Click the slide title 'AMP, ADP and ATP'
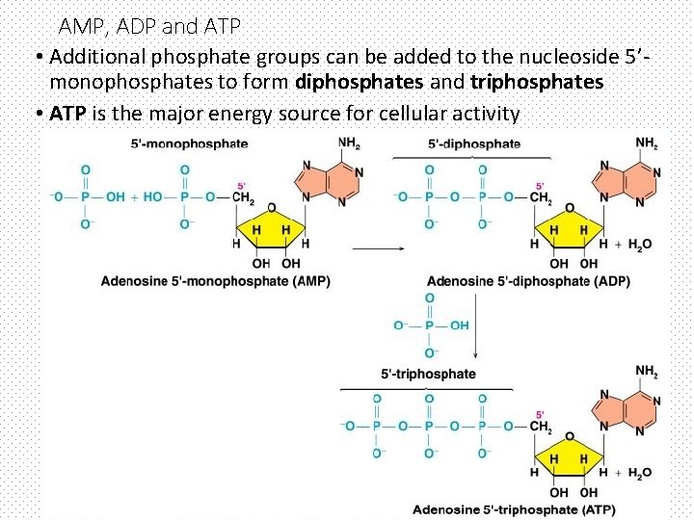tap(149, 25)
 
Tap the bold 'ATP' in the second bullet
tap(68, 114)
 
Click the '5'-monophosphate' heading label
tap(189, 144)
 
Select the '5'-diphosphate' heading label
tap(474, 144)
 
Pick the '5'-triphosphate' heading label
tap(429, 374)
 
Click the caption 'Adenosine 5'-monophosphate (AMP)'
tap(216, 281)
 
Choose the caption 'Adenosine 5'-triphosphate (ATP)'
tap(514, 508)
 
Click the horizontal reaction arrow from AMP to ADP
tap(377, 248)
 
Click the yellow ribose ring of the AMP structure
tap(271, 228)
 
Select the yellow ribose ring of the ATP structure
tap(569, 457)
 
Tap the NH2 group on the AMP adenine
tap(349, 143)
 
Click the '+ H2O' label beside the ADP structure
tap(632, 245)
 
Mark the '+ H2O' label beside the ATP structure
tap(632, 472)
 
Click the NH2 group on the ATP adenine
tap(647, 372)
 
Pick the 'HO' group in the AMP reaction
tap(152, 197)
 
